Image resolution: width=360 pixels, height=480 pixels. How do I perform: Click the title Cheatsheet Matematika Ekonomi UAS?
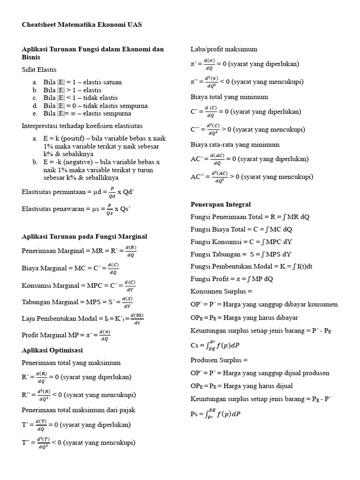82,24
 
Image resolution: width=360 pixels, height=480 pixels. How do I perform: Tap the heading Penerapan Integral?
220,204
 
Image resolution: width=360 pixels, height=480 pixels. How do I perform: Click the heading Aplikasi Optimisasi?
52,350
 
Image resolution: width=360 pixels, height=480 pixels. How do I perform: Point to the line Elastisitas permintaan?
78,193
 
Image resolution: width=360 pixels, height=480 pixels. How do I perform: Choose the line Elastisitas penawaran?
76,209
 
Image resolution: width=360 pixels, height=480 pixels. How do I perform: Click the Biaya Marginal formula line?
70,269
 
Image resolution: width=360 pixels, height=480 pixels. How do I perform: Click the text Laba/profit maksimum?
224,49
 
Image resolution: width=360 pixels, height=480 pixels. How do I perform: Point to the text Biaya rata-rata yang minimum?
235,144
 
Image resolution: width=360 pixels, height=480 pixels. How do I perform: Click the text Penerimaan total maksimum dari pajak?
78,410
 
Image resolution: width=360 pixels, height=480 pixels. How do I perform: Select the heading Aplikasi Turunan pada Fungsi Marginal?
84,237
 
